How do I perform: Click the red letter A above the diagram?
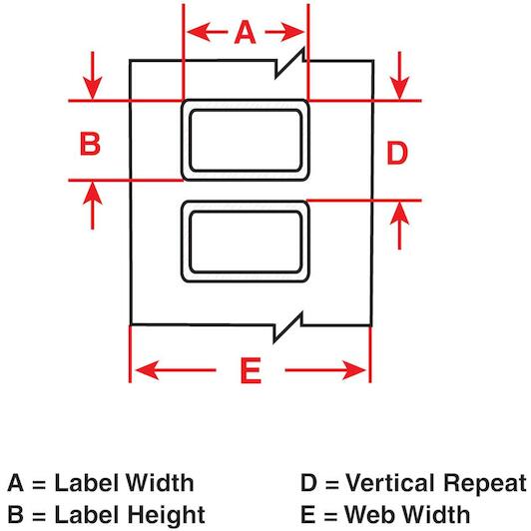(245, 32)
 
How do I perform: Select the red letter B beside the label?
(90, 144)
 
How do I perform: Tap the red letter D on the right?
(397, 153)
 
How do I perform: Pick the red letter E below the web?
(251, 370)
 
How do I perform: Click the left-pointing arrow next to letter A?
(208, 32)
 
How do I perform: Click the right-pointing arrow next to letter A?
(284, 32)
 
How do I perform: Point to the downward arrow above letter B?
(93, 76)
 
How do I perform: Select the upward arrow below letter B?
(93, 206)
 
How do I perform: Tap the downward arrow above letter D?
(399, 76)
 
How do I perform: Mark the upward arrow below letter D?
(399, 226)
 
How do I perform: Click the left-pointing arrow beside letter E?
(176, 370)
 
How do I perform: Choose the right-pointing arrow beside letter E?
(325, 370)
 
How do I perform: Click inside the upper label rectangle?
(246, 140)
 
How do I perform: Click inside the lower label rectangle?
(246, 242)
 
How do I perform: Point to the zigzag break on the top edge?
(290, 63)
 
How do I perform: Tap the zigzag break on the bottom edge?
(287, 326)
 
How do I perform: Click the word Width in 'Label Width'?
(160, 482)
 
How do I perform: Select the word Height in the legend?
(167, 515)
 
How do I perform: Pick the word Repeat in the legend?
(485, 482)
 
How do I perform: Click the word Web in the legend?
(369, 514)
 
